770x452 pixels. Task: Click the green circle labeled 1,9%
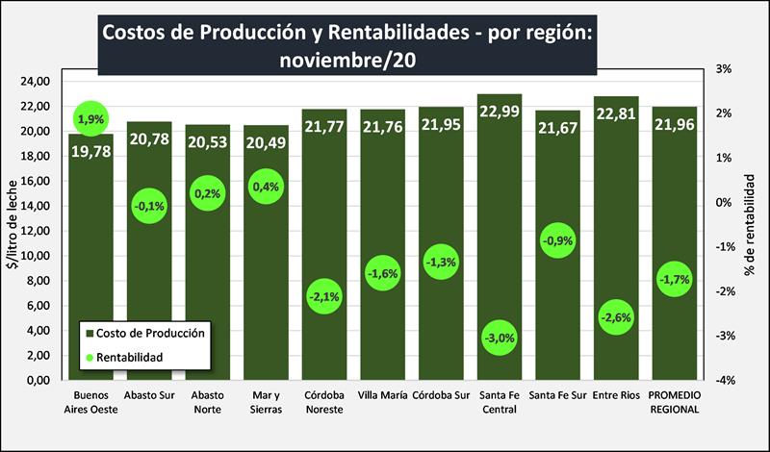pos(90,119)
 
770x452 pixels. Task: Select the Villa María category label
pos(382,395)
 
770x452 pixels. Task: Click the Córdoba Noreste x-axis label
pos(323,402)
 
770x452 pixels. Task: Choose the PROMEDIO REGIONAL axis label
pos(674,402)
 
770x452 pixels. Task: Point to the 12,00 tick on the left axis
pos(36,231)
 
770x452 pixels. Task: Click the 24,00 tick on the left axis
pos(36,81)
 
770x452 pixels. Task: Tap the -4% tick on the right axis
pos(723,381)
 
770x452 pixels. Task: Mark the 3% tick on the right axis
pos(723,69)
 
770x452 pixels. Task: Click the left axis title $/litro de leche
pos(12,226)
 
